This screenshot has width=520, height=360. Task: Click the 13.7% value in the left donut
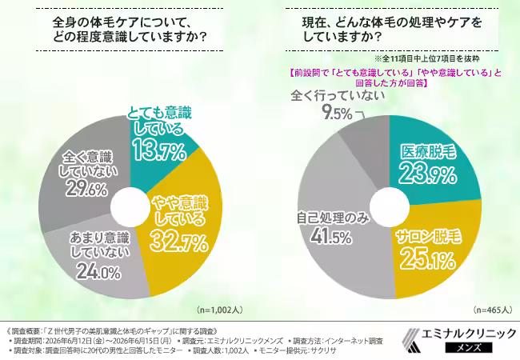159,151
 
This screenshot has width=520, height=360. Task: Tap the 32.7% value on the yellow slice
178,242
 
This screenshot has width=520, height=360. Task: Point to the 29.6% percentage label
86,189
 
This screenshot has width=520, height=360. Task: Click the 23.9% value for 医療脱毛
428,174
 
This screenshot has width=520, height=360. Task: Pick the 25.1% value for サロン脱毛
427,259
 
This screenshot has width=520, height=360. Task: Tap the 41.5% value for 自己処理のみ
331,237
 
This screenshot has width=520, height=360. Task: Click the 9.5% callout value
338,114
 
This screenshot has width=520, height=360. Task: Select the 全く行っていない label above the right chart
338,96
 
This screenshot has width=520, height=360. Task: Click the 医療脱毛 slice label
428,152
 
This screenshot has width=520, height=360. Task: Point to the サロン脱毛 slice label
429,238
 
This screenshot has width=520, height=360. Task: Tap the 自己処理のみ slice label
333,218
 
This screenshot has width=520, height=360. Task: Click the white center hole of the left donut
130,206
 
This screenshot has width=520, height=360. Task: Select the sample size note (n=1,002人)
220,310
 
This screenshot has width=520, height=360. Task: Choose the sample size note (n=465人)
493,310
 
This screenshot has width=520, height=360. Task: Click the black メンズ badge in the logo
469,347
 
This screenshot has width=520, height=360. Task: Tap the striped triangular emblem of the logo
411,340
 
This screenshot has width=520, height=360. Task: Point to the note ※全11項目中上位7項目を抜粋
427,58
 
